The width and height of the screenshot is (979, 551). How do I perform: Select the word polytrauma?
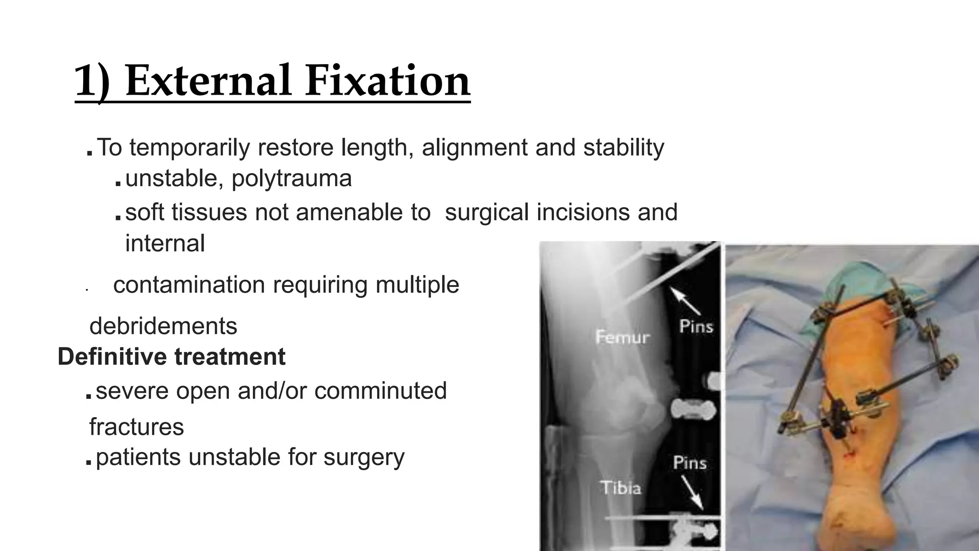click(292, 178)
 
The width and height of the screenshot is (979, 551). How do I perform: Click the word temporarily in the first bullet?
click(189, 147)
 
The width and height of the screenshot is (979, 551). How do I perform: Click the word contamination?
click(189, 285)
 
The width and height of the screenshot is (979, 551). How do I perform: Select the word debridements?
click(163, 326)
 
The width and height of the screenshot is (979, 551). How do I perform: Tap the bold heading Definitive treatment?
click(171, 357)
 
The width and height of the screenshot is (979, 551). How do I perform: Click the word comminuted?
click(381, 390)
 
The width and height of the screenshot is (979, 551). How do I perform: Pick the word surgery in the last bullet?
click(364, 457)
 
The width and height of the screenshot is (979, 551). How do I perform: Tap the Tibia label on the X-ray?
click(620, 488)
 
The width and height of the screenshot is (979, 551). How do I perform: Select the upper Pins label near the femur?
click(696, 327)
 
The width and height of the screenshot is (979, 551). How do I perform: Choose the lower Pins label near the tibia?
click(690, 463)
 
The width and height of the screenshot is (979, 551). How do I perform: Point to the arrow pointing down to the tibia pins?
click(691, 493)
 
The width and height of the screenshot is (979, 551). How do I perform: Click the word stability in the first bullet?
click(623, 147)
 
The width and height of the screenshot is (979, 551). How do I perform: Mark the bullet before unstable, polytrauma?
click(118, 184)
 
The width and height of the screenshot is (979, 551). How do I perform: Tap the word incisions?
click(583, 212)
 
